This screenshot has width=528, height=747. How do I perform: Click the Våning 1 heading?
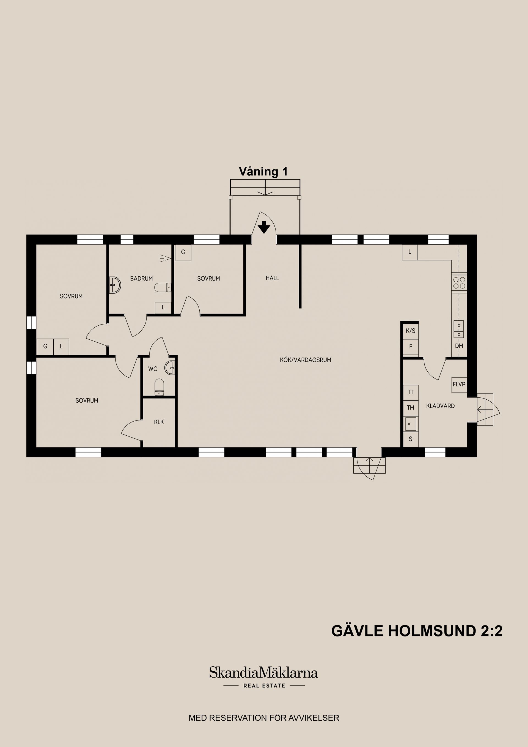263,171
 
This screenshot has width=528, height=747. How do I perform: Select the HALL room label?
272,278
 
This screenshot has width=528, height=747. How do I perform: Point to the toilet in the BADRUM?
162,288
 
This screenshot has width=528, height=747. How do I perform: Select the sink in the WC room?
170,368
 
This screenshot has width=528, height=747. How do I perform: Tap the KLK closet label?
159,422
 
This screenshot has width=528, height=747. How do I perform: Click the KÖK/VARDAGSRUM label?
305,360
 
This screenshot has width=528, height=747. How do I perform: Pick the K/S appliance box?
410,331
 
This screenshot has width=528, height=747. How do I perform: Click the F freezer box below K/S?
410,347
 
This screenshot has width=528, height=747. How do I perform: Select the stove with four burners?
459,283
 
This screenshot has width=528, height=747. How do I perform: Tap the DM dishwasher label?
459,346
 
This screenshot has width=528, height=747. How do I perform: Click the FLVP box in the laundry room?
459,384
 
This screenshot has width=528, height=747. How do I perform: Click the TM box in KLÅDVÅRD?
410,408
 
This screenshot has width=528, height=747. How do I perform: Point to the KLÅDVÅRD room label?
440,406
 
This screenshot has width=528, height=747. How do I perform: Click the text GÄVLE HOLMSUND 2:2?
417,631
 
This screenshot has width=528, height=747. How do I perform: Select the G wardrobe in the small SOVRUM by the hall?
183,252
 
